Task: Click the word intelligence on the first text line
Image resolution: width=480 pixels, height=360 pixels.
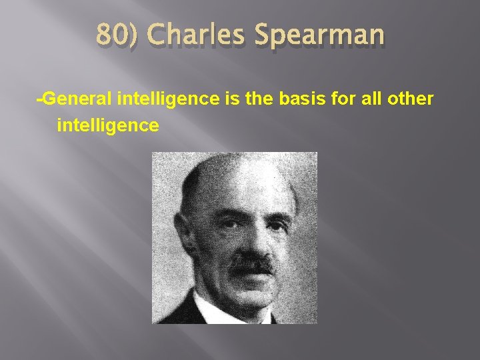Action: pos(168,100)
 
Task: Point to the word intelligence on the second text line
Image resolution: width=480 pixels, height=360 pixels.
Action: pos(108,125)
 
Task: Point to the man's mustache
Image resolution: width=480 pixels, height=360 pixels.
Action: pos(252,264)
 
